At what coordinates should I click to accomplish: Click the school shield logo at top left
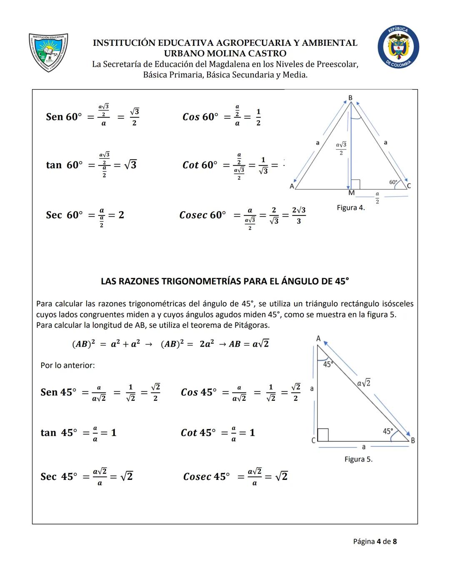pyautogui.click(x=48, y=52)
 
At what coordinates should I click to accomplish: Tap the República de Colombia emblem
pyautogui.click(x=398, y=47)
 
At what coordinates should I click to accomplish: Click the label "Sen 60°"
pyautogui.click(x=64, y=117)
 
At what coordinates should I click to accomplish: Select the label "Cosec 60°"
pyautogui.click(x=202, y=215)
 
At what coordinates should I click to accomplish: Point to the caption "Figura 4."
pyautogui.click(x=351, y=207)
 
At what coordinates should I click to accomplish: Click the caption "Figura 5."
pyautogui.click(x=358, y=459)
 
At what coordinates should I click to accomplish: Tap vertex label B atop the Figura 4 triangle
pyautogui.click(x=350, y=98)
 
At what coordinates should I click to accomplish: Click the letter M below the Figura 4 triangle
pyautogui.click(x=351, y=193)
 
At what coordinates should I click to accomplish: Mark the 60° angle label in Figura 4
pyautogui.click(x=393, y=182)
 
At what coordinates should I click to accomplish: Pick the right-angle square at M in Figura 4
pyautogui.click(x=355, y=184)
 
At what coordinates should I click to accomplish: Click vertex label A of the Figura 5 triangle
pyautogui.click(x=318, y=338)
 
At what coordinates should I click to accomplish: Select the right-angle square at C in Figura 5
pyautogui.click(x=322, y=435)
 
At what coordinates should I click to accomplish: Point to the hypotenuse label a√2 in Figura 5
pyautogui.click(x=364, y=382)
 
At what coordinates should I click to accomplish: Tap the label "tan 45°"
pyautogui.click(x=59, y=433)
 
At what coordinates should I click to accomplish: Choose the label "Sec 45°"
pyautogui.click(x=59, y=477)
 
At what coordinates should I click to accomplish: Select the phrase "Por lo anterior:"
pyautogui.click(x=67, y=365)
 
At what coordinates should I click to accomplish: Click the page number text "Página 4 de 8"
pyautogui.click(x=375, y=542)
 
